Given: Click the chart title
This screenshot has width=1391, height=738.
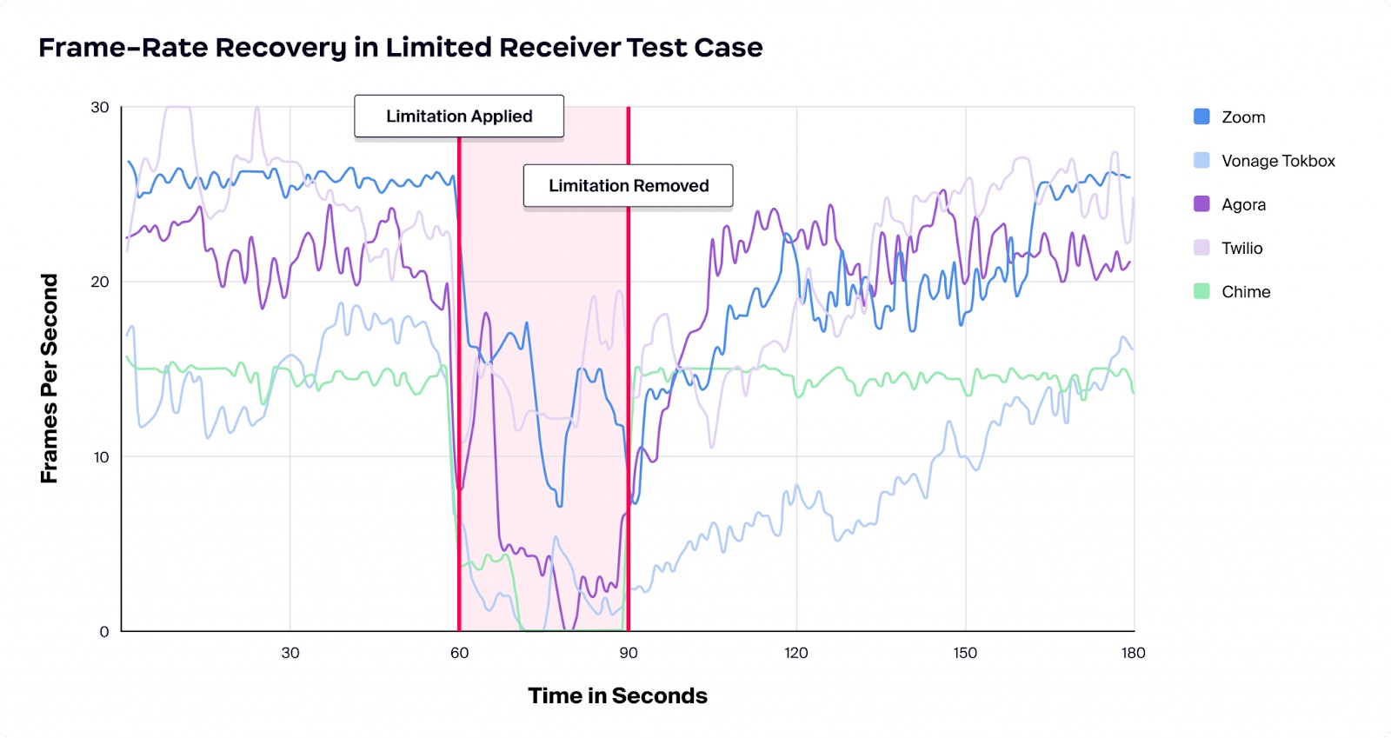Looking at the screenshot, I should pos(400,47).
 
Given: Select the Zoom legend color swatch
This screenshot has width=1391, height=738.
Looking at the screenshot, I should pos(1201,116).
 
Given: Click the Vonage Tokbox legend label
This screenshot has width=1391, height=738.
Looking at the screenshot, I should pos(1277,161).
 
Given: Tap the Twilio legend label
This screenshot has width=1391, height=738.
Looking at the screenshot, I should pos(1241,249).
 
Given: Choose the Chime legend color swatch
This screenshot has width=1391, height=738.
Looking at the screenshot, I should pos(1201,291).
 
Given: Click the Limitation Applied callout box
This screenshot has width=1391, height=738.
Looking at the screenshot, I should pos(459,116).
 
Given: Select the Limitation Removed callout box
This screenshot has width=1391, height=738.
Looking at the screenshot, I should pos(628,186).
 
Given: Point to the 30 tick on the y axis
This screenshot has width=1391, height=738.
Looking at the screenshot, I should pos(100,108).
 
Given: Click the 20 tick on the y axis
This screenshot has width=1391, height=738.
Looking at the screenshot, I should pos(100,282).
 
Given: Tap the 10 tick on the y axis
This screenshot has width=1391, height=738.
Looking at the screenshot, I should pos(101,457).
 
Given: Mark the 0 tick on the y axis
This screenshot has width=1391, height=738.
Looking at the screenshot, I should pos(104,632).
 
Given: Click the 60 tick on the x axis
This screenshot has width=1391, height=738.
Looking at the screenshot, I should pos(459,653).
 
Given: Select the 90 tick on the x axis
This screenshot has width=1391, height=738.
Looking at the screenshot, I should pos(628,653).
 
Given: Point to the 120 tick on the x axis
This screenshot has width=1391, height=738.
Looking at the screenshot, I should pos(795,653).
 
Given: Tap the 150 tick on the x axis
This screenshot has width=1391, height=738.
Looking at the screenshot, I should pos(964,653).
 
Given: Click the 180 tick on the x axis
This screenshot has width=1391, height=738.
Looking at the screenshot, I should pos(1133,653).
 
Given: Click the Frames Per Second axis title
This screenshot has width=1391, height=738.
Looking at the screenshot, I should pos(50,378).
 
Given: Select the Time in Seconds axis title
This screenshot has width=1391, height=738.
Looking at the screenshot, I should pos(617,696).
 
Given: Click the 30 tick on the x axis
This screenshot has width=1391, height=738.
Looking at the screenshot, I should pos(290,653).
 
